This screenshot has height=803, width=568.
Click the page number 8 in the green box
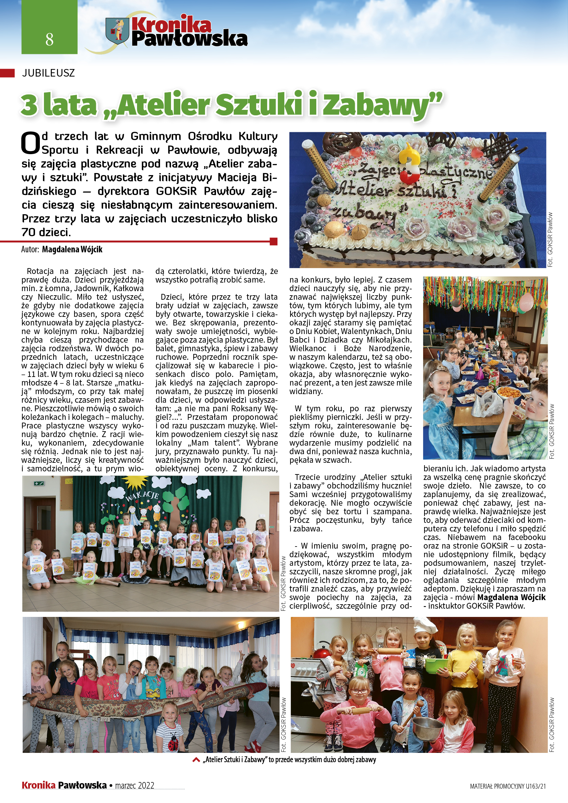pyautogui.click(x=49, y=39)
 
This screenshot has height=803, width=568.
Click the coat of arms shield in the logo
pyautogui.click(x=117, y=31)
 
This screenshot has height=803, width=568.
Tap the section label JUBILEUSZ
pyautogui.click(x=48, y=73)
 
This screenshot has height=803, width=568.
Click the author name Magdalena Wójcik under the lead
pyautogui.click(x=72, y=249)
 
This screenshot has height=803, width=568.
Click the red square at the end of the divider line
pyautogui.click(x=274, y=241)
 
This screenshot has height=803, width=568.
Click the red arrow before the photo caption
pyautogui.click(x=196, y=760)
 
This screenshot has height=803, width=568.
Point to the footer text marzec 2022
pyautogui.click(x=135, y=785)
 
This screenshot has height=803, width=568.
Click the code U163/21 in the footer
pyautogui.click(x=535, y=786)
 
